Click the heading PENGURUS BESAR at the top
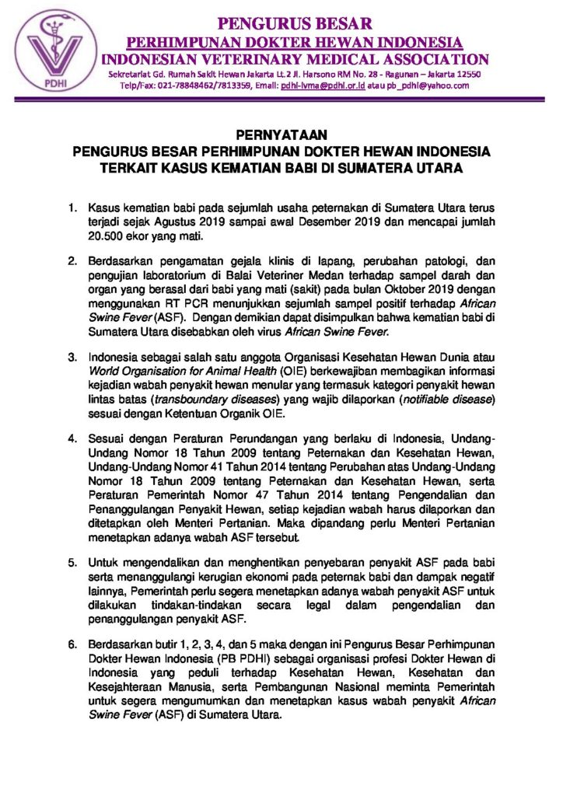pos(295,23)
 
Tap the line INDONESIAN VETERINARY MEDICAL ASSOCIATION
pos(295,59)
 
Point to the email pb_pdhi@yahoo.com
pos(423,86)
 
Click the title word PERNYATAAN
pos(281,135)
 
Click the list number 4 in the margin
pos(72,440)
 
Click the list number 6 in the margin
pos(72,645)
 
